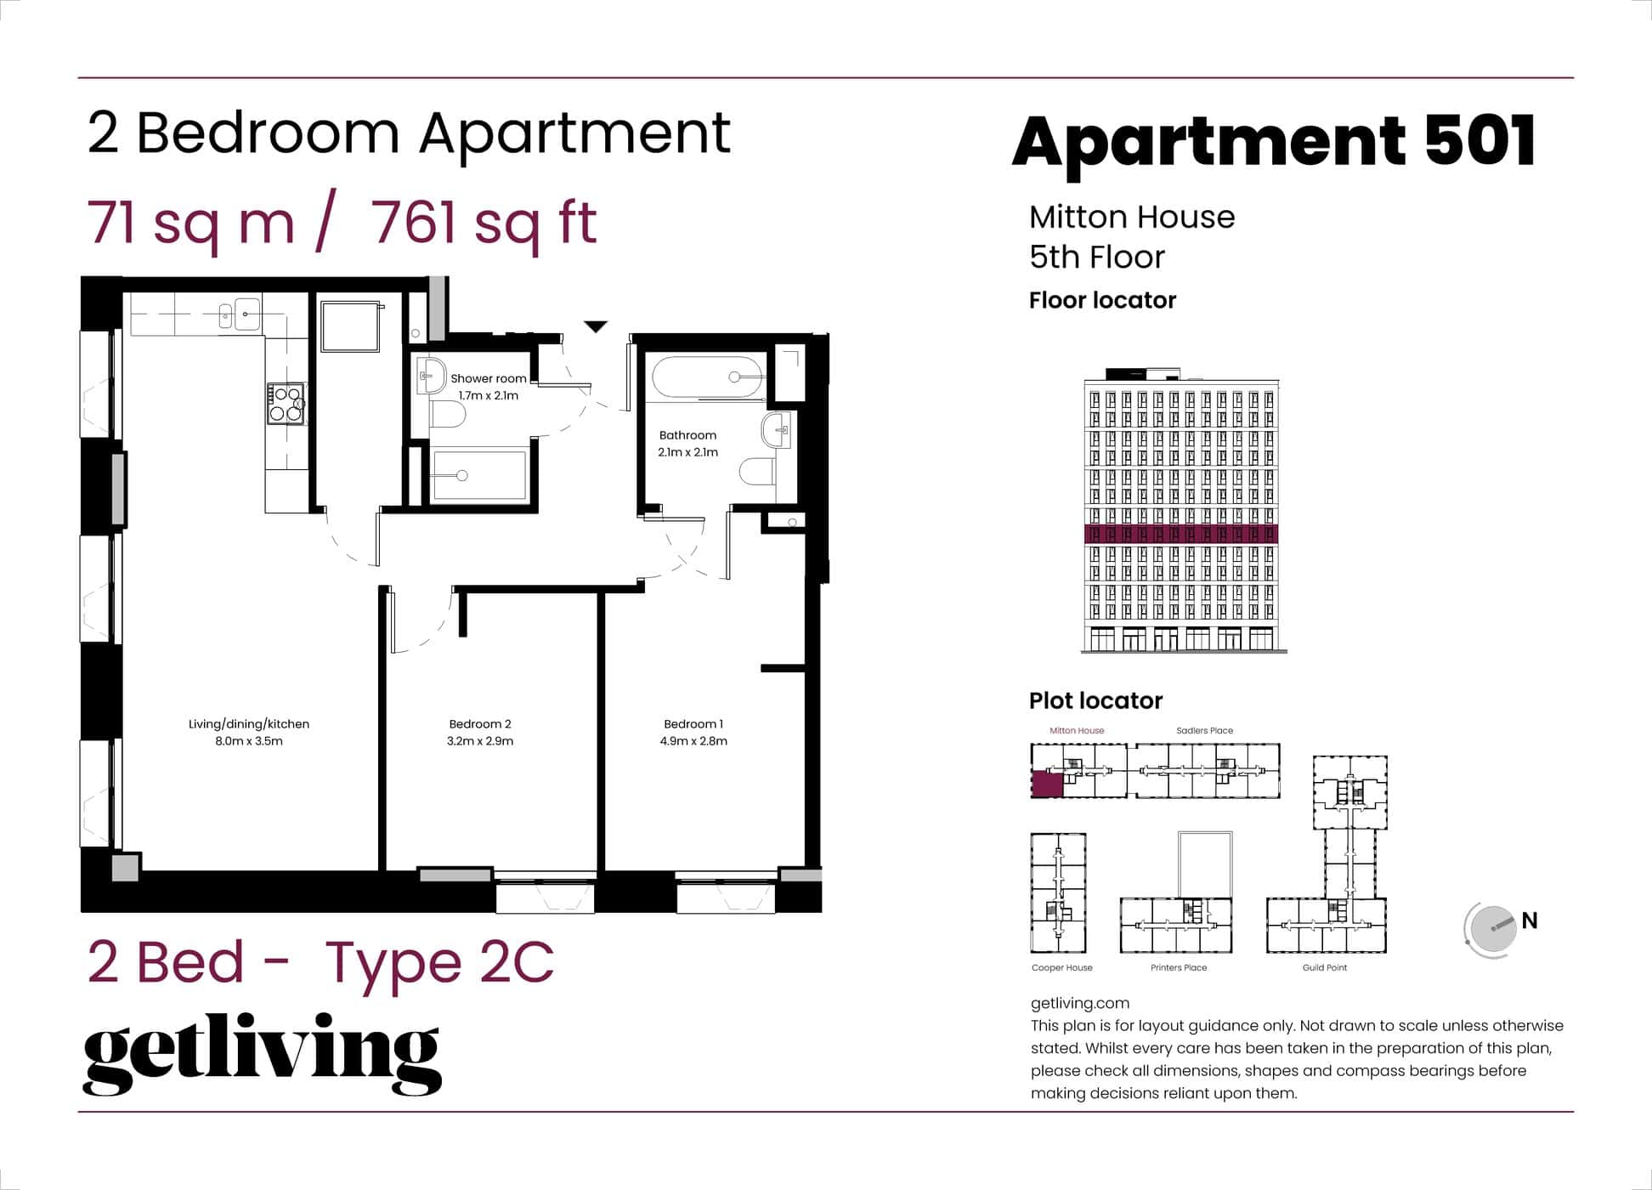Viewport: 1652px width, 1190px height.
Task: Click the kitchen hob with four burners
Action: [x=286, y=404]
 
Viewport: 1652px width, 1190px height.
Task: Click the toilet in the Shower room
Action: [x=447, y=416]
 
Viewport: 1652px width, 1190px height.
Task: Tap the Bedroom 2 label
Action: [x=480, y=724]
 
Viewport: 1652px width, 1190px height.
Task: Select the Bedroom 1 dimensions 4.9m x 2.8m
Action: [x=693, y=741]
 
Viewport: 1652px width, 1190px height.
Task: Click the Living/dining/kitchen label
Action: [x=249, y=724]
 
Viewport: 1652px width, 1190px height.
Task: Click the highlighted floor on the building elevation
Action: [x=1181, y=534]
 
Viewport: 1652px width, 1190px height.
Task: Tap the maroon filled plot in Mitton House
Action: [x=1047, y=784]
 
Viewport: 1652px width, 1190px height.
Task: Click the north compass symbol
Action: [x=1492, y=928]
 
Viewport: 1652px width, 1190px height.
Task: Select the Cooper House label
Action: [x=1061, y=967]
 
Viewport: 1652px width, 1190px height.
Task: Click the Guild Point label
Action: [x=1324, y=967]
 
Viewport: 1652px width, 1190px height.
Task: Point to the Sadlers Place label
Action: [x=1204, y=730]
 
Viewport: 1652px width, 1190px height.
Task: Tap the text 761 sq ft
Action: [x=484, y=223]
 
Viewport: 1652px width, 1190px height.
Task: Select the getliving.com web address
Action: [x=1079, y=1003]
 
